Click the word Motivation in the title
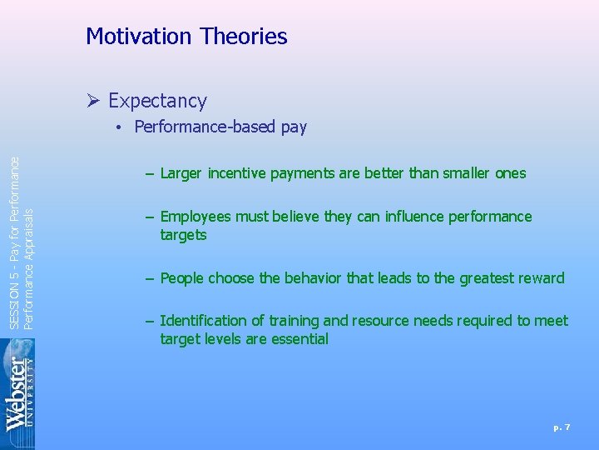139,37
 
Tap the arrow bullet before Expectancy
93,102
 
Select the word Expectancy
157,102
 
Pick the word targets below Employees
183,235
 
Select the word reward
537,278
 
